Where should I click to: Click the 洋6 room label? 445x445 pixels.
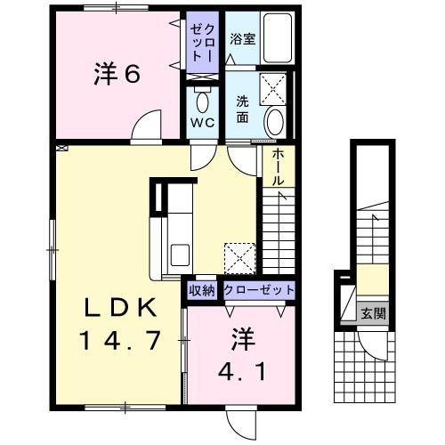click(x=117, y=76)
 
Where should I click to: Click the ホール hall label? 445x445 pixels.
click(x=277, y=166)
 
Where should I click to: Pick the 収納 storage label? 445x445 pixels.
click(x=201, y=290)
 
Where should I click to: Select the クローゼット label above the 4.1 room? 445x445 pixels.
click(x=259, y=290)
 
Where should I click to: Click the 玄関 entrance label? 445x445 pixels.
click(x=374, y=312)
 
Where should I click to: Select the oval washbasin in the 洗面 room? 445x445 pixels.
click(x=275, y=122)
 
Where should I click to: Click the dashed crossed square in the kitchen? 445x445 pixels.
click(x=239, y=258)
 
